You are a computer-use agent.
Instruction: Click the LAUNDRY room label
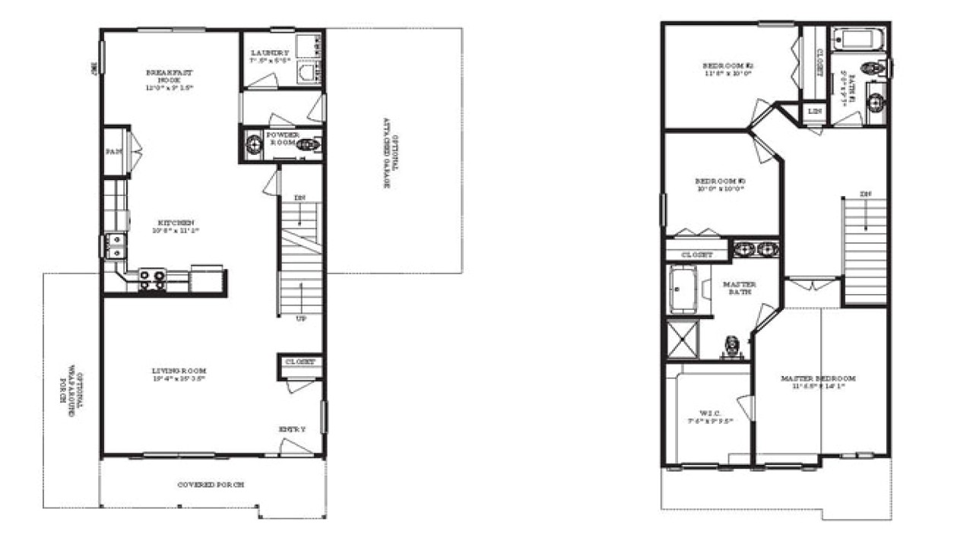click(x=270, y=53)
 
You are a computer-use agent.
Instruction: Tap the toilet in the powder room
click(x=308, y=144)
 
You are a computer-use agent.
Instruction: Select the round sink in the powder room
click(x=253, y=144)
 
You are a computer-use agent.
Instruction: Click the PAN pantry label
click(x=114, y=152)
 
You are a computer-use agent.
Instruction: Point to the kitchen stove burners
click(x=151, y=280)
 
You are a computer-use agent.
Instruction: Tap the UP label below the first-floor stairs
click(x=300, y=318)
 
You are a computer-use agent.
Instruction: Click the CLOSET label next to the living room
click(x=300, y=362)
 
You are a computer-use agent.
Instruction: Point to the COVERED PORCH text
click(x=211, y=484)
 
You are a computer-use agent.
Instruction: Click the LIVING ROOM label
click(x=179, y=372)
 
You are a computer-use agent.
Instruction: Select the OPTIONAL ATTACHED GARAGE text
click(x=385, y=152)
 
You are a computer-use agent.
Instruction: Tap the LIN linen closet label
click(x=815, y=112)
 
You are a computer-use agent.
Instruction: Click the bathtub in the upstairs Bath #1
click(x=854, y=37)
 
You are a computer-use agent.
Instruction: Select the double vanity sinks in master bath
click(x=756, y=248)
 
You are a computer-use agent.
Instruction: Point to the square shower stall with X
click(x=681, y=339)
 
